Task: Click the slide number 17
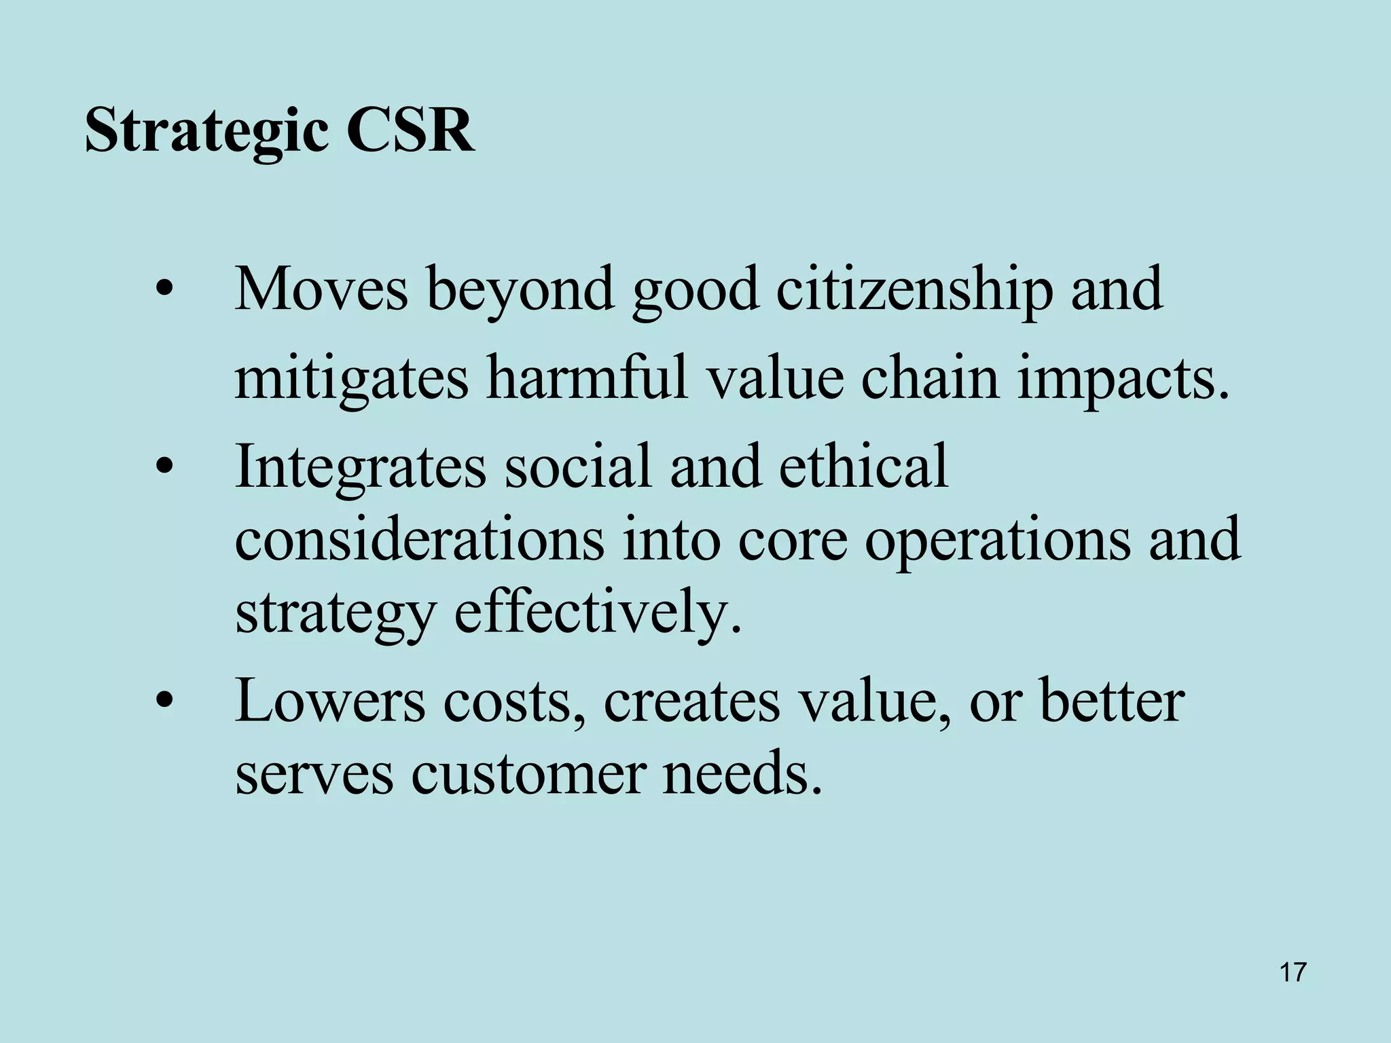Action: click(x=1293, y=972)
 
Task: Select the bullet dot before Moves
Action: click(x=163, y=291)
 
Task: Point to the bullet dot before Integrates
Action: click(x=163, y=468)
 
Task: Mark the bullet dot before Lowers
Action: click(x=163, y=701)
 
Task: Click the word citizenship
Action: click(x=914, y=291)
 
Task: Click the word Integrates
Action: click(x=360, y=468)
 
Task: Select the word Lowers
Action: click(x=330, y=701)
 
